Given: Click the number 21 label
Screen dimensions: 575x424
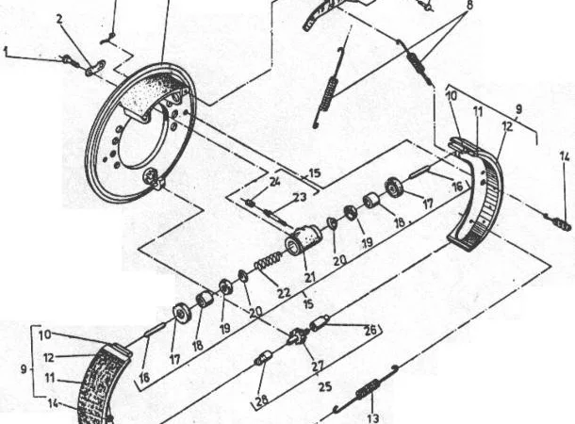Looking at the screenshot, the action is tap(310, 276).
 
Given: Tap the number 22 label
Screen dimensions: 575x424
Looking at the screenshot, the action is tap(284, 292).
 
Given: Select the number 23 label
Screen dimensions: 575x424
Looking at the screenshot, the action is tap(299, 198).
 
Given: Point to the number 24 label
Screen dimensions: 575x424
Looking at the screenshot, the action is tap(274, 181).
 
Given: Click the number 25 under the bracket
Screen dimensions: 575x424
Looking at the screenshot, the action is tap(325, 387).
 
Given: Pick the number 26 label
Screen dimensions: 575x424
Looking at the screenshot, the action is tap(370, 330).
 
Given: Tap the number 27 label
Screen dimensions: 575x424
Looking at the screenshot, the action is tap(318, 367).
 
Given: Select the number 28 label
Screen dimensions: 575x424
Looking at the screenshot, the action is tap(262, 400).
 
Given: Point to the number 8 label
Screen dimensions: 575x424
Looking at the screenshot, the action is tap(469, 5).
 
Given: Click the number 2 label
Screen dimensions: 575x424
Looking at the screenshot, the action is tap(59, 20).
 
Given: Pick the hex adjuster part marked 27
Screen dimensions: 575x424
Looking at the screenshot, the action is tap(297, 336).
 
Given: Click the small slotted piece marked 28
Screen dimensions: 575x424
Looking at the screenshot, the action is tap(263, 357).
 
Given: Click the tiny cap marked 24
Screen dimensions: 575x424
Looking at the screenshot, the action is tap(250, 202).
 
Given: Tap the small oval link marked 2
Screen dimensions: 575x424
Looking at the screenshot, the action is tap(96, 68).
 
